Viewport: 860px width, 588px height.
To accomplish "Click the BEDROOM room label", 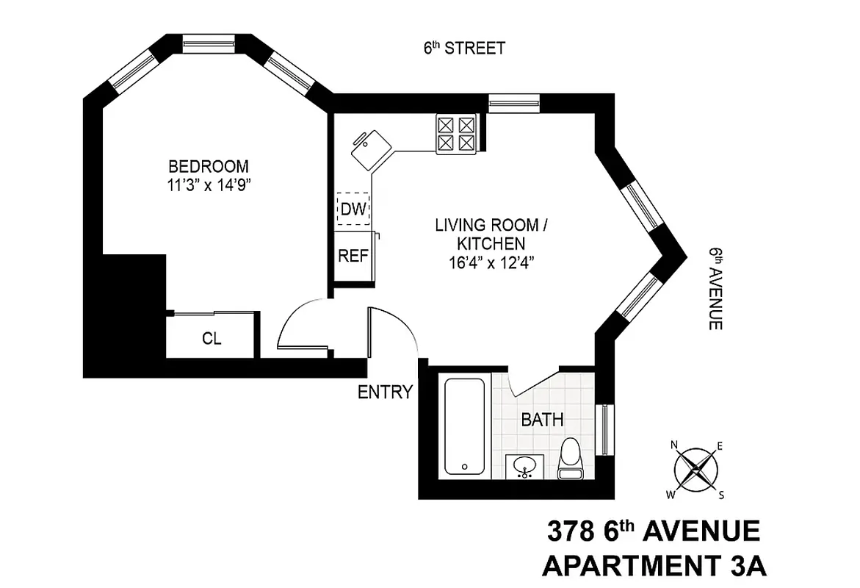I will [x=208, y=166].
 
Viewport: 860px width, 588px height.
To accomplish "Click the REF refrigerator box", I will [x=352, y=256].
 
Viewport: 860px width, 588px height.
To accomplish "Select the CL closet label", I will [x=212, y=339].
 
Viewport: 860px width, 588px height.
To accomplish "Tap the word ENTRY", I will [x=385, y=392].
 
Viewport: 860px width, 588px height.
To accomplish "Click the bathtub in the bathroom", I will [x=464, y=426].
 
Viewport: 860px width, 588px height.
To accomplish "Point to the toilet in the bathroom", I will [x=570, y=460].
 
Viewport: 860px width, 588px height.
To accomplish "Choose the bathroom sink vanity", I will [x=524, y=467].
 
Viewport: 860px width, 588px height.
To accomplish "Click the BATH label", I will [x=542, y=420].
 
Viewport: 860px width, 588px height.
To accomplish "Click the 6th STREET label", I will [x=463, y=49].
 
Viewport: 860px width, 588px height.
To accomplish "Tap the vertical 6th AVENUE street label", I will [x=715, y=288].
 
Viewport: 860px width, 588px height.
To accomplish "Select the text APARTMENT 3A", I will [x=653, y=567].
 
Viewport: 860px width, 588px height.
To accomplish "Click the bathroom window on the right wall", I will [x=604, y=429].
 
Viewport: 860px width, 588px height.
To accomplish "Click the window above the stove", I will [x=509, y=102].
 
